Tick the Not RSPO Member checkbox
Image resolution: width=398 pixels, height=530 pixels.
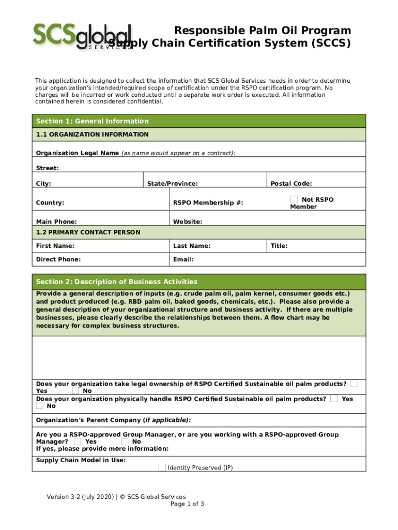click(294, 199)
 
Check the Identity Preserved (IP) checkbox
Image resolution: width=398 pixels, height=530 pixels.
click(162, 468)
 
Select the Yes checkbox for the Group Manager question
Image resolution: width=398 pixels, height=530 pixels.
click(78, 441)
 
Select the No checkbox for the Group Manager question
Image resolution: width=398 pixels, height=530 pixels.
click(125, 441)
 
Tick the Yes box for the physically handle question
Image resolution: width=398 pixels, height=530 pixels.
click(334, 399)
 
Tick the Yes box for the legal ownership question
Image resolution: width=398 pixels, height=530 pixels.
click(354, 384)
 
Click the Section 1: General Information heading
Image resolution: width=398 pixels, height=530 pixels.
click(92, 121)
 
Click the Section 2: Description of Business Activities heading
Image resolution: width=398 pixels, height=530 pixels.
click(116, 282)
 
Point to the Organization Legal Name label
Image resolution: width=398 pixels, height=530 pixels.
click(77, 153)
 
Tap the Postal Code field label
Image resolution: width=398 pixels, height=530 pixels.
click(291, 184)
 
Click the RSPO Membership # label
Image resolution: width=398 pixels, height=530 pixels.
click(208, 203)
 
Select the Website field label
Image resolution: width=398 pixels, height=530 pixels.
click(187, 222)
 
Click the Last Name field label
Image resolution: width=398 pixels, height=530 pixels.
click(191, 246)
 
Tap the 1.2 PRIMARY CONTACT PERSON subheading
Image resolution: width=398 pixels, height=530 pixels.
click(88, 232)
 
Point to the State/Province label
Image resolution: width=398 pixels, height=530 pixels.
click(172, 184)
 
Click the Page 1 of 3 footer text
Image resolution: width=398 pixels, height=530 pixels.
click(187, 504)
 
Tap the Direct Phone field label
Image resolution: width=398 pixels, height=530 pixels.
click(58, 259)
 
